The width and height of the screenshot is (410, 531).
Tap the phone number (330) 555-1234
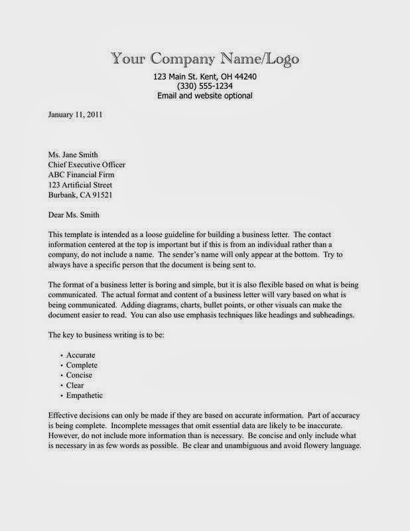pyautogui.click(x=204, y=86)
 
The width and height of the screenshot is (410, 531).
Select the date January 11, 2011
pyautogui.click(x=76, y=114)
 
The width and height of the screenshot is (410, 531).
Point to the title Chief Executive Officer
pyautogui.click(x=87, y=165)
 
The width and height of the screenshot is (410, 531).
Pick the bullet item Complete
pyautogui.click(x=82, y=365)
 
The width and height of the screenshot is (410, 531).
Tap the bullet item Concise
pyautogui.click(x=81, y=375)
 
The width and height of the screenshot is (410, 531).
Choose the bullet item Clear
pyautogui.click(x=76, y=385)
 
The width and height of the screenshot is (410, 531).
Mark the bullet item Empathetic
pyautogui.click(x=86, y=396)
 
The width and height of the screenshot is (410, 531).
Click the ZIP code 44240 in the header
pyautogui.click(x=243, y=77)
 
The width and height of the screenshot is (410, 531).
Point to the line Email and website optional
pyautogui.click(x=204, y=96)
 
